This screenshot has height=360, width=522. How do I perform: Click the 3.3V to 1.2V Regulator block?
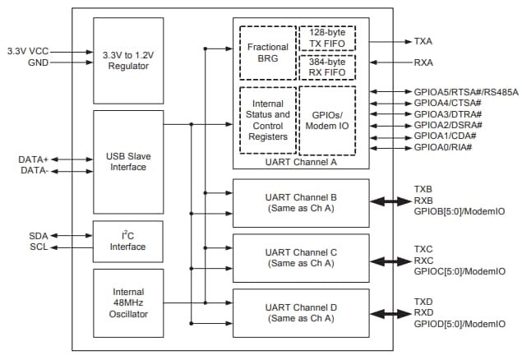click(x=127, y=59)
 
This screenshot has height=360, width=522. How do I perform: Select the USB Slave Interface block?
click(x=127, y=161)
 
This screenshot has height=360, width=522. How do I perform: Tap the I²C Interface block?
click(x=127, y=241)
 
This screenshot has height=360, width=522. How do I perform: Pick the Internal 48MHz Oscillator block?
click(x=127, y=302)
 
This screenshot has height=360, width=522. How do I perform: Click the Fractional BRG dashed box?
click(x=267, y=53)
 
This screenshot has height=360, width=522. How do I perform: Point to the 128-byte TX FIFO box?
click(x=327, y=39)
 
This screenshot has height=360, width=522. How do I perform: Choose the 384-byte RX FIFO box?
click(x=327, y=68)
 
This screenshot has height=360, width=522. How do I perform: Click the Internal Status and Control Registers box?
click(x=267, y=120)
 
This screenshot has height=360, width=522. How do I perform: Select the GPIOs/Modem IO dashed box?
click(x=327, y=120)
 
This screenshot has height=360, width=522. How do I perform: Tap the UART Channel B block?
click(x=300, y=201)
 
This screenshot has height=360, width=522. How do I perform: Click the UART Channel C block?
click(x=300, y=257)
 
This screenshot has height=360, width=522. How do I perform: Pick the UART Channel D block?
click(x=300, y=312)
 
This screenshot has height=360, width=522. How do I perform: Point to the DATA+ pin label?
click(x=33, y=159)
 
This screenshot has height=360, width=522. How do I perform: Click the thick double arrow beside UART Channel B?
click(x=390, y=201)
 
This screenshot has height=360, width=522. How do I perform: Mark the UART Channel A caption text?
click(x=300, y=162)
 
